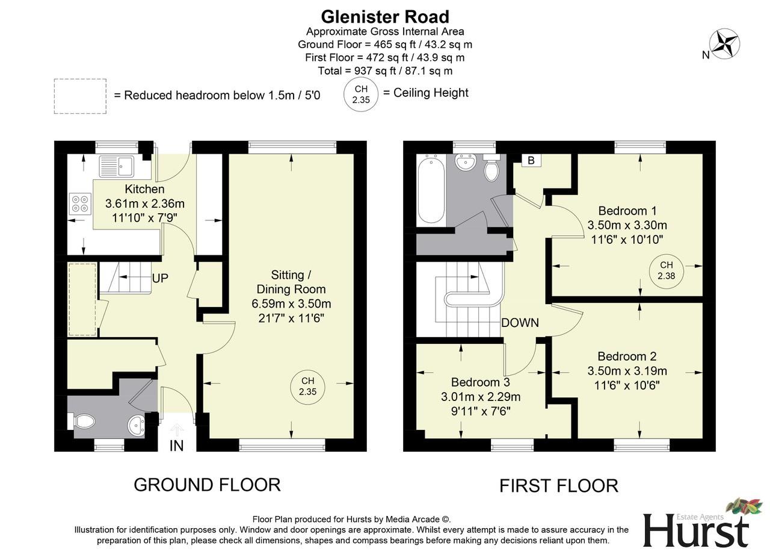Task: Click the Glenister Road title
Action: click(x=385, y=16)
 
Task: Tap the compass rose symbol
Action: click(x=724, y=44)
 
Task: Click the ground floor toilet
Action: click(x=83, y=421)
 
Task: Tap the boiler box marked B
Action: click(x=531, y=160)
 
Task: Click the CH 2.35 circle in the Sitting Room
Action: click(x=307, y=387)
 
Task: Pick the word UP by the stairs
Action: click(x=160, y=278)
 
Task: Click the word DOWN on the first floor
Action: click(x=520, y=323)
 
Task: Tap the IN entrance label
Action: click(x=176, y=446)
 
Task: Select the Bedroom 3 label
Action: click(x=480, y=382)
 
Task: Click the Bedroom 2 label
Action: click(x=627, y=356)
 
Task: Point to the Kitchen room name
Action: click(x=144, y=189)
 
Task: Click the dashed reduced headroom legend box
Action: click(x=80, y=96)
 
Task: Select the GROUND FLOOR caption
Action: click(x=207, y=485)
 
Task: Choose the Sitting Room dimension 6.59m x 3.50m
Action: click(x=291, y=303)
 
